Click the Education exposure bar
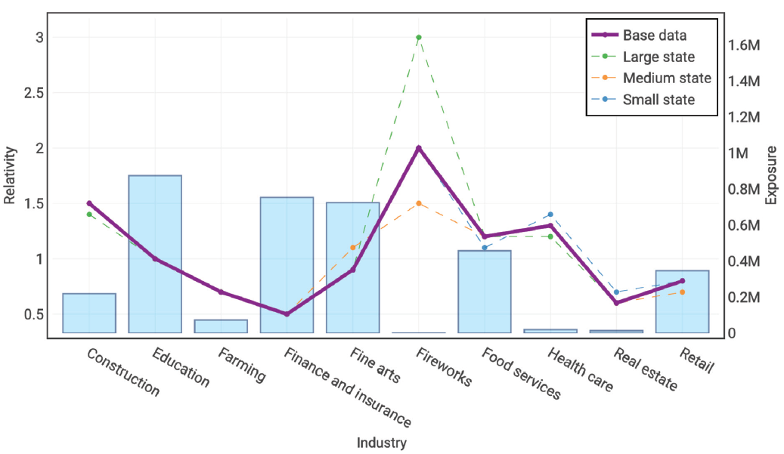pos(155,254)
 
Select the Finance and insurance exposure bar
pos(287,264)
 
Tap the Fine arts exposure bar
pos(352,267)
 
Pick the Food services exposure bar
pos(485,292)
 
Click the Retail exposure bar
pos(682,302)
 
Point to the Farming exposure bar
pos(221,326)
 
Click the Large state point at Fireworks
pos(419,37)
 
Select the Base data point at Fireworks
pos(419,148)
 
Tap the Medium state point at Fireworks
pos(419,203)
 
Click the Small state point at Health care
pos(550,215)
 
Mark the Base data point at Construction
pos(89,203)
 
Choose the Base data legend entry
pos(654,35)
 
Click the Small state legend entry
pos(658,99)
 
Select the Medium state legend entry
pos(666,78)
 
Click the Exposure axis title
pos(772,175)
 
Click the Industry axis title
pos(381,443)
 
